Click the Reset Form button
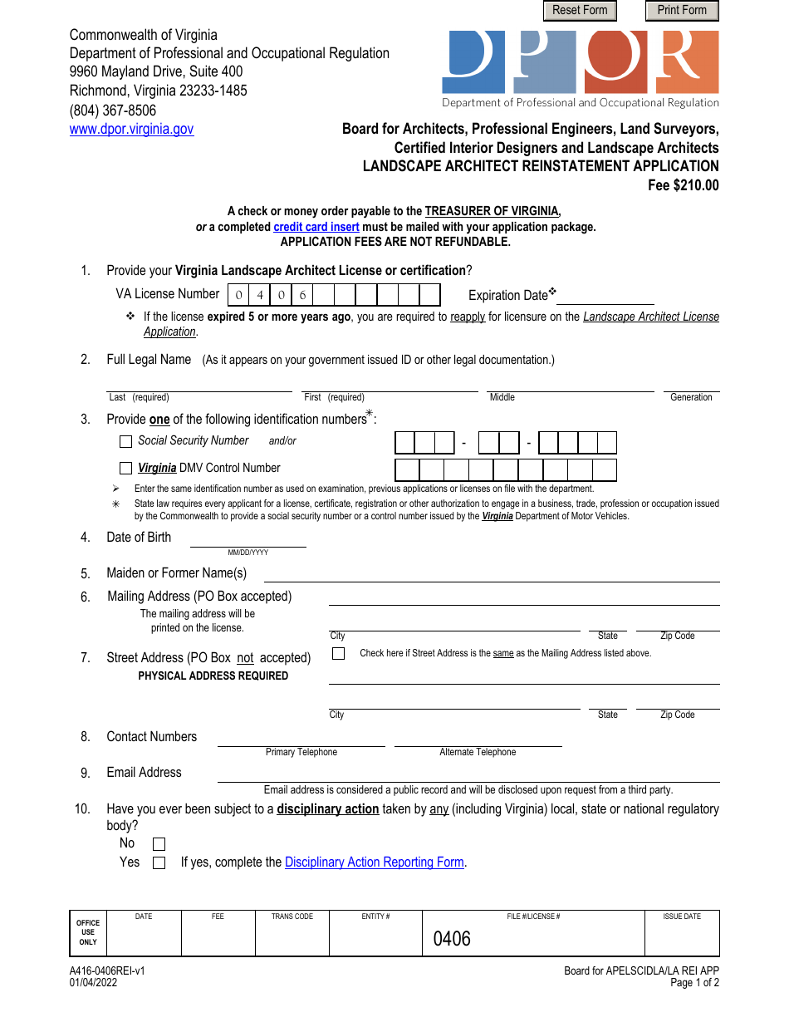click(x=580, y=11)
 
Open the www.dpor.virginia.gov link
click(x=131, y=129)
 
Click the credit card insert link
click(x=316, y=227)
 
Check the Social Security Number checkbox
click(x=126, y=441)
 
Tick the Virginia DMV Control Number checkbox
click(x=126, y=468)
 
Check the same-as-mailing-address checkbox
click(x=338, y=654)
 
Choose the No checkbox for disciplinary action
click(x=159, y=844)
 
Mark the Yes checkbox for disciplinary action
click(x=159, y=863)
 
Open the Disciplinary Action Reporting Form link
click(x=374, y=862)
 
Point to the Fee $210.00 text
click(x=683, y=185)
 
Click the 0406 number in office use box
click(x=452, y=939)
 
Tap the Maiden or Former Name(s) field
click(x=491, y=573)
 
